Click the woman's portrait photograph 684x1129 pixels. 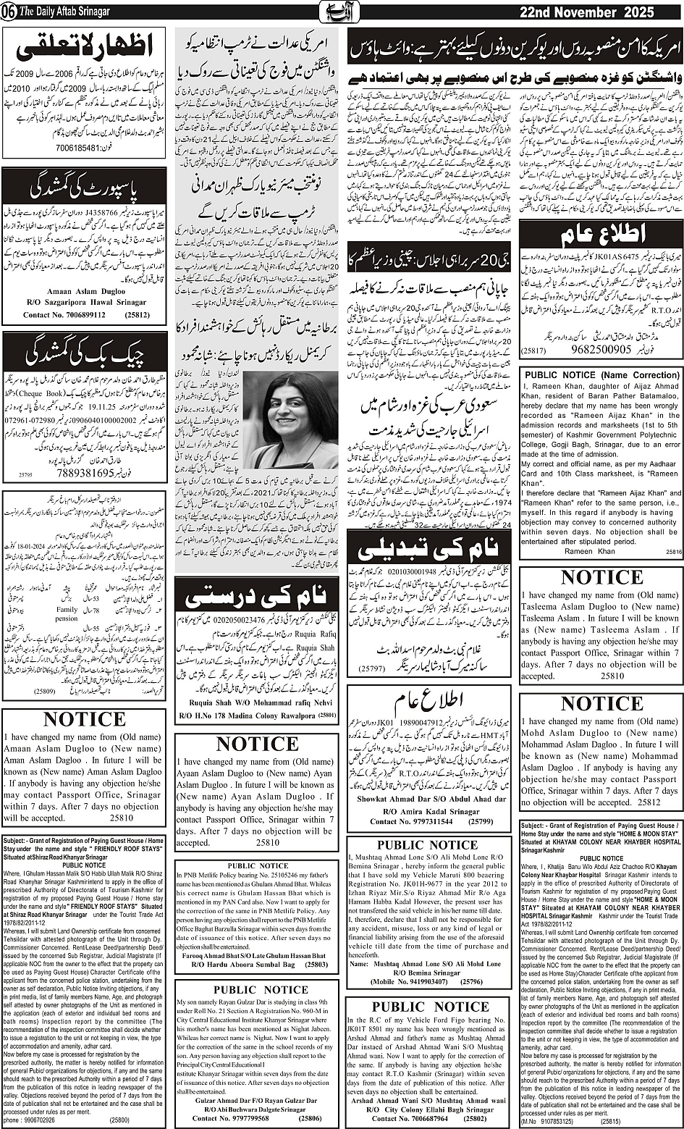pos(292,420)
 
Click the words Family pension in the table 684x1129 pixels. pos(67,615)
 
